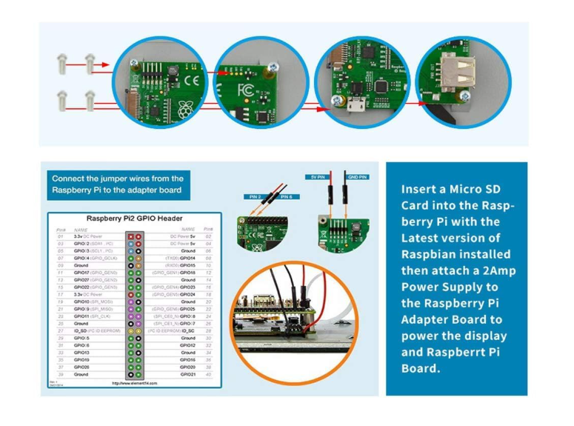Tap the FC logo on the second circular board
(x=245, y=91)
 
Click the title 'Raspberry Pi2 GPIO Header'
(x=134, y=219)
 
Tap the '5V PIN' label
(x=317, y=176)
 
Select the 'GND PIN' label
(x=358, y=176)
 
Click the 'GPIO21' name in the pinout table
(x=187, y=374)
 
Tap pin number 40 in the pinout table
(x=209, y=374)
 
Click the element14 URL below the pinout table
(x=134, y=384)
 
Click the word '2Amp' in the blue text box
(x=498, y=270)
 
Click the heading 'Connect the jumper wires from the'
(x=117, y=179)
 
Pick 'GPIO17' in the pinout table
(x=84, y=273)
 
